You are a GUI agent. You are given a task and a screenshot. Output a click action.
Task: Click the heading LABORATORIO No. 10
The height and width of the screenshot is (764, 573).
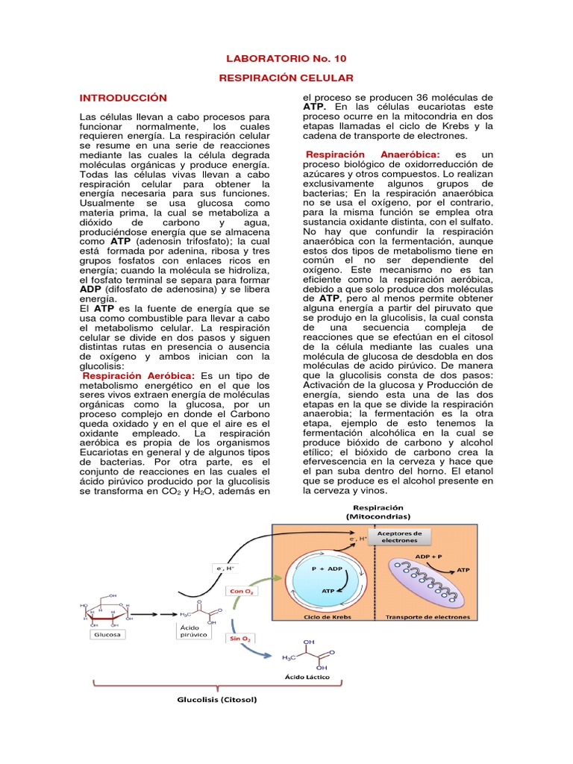point(286,58)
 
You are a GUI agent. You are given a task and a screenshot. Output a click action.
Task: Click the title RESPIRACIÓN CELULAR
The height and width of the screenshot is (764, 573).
point(286,78)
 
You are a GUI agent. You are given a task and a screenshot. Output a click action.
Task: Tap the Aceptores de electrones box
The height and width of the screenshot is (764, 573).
point(399,536)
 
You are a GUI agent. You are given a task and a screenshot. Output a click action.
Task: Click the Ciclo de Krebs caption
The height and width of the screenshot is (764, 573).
point(328,617)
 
